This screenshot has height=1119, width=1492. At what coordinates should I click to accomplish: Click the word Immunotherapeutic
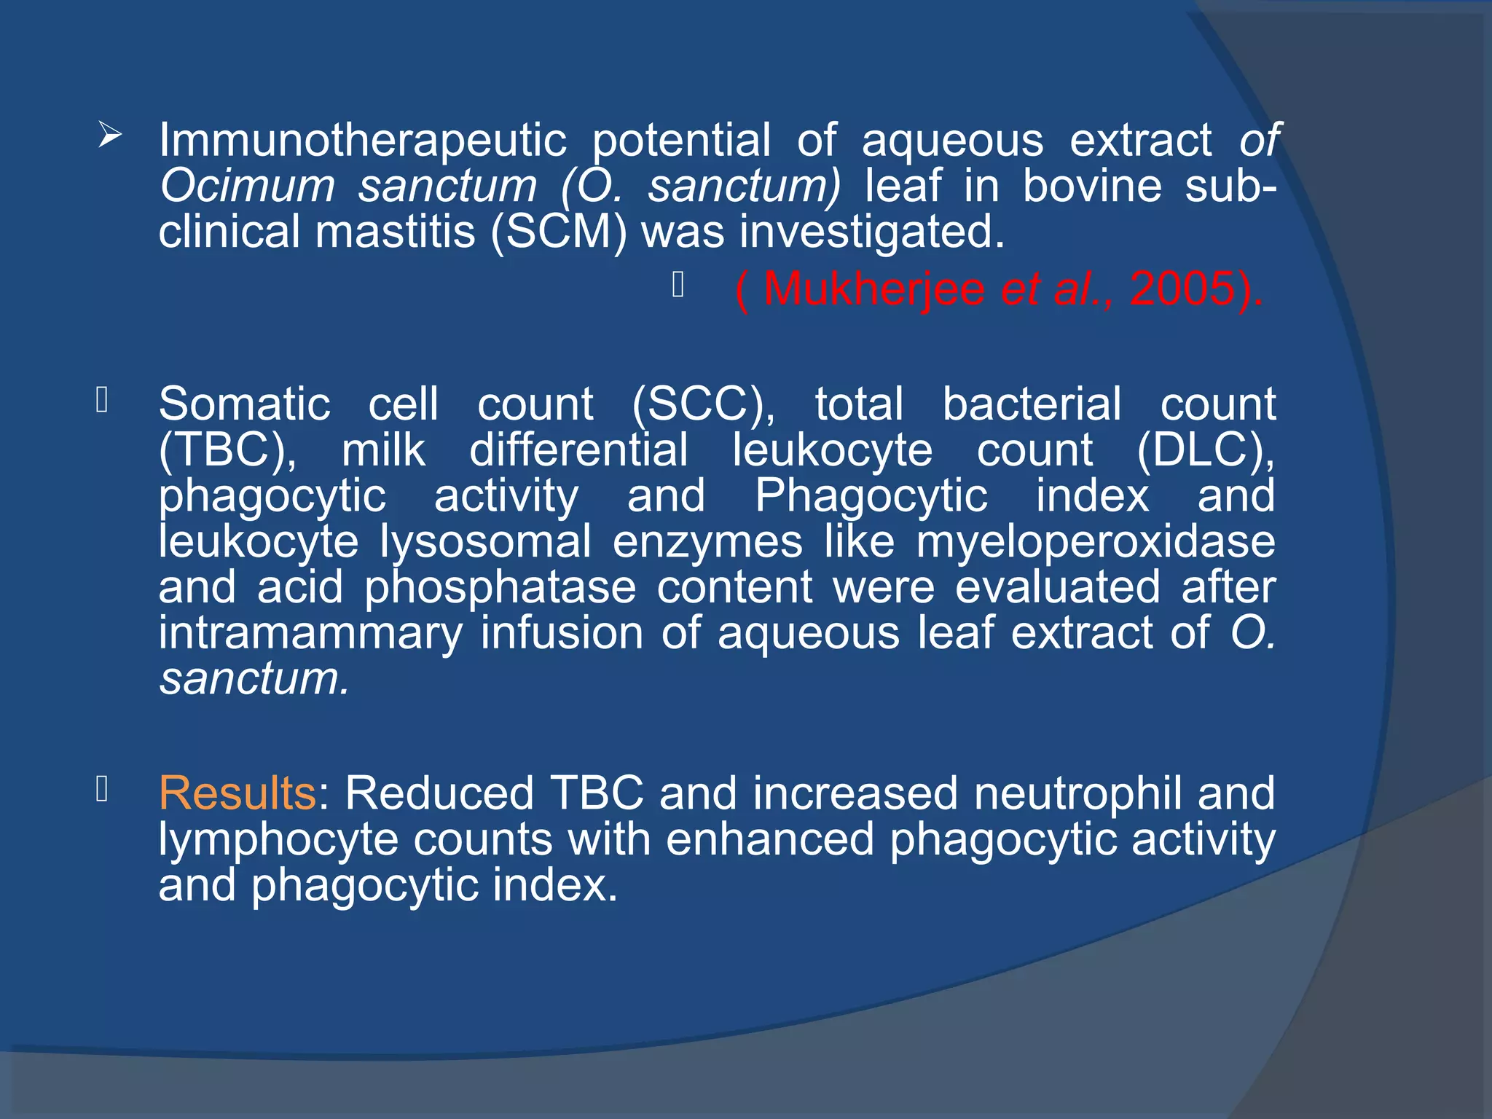362,141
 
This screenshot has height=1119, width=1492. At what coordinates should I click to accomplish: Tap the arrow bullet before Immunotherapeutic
110,135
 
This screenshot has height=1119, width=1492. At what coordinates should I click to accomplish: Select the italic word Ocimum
247,186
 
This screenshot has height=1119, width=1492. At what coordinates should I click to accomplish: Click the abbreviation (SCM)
558,232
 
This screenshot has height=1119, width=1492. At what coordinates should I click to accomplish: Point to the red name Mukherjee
873,289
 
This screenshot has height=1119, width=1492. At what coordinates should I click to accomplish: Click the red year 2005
1185,289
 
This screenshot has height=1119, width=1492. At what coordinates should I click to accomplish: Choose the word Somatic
245,404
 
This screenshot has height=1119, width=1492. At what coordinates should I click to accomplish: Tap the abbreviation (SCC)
703,404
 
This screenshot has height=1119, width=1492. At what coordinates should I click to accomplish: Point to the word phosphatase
500,588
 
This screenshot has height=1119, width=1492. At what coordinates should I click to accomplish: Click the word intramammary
310,633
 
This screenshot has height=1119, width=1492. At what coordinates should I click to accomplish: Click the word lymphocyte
278,839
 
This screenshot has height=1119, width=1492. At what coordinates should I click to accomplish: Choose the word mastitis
395,232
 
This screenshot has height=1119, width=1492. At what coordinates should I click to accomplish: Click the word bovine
1092,186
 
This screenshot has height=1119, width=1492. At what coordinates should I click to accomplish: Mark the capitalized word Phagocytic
871,496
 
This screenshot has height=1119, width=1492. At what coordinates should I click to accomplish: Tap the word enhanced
769,839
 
